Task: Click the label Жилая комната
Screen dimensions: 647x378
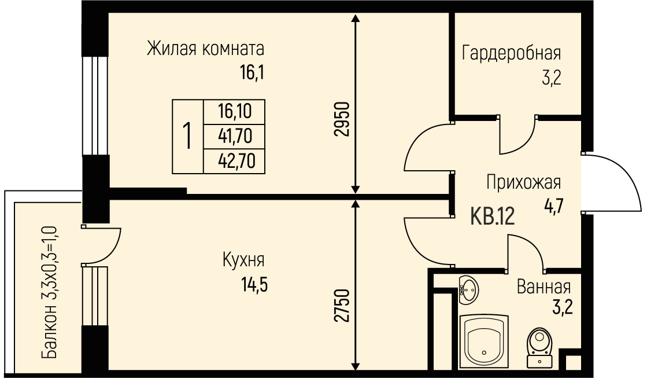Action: click(x=205, y=49)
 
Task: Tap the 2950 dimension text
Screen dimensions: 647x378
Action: click(x=342, y=119)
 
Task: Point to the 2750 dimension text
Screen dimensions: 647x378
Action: click(x=342, y=305)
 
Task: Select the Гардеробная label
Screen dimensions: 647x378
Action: click(x=511, y=53)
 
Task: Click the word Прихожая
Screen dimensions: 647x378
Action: click(x=524, y=182)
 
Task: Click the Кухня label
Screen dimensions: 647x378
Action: click(x=243, y=260)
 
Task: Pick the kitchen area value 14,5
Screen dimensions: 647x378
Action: click(x=254, y=284)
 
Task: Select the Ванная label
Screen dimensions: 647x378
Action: click(x=544, y=287)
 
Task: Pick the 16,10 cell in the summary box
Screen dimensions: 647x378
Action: click(x=235, y=111)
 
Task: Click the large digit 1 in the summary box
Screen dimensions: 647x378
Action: click(x=187, y=136)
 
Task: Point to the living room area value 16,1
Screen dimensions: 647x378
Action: click(x=252, y=73)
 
